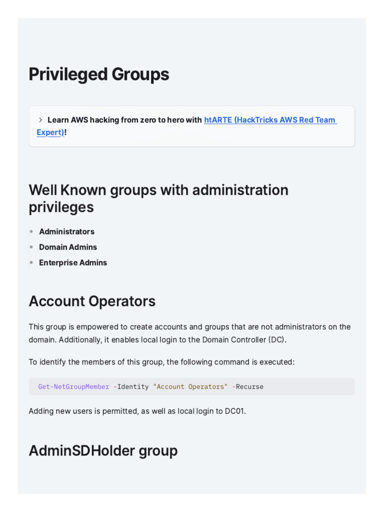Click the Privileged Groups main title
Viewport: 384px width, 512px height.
click(x=99, y=74)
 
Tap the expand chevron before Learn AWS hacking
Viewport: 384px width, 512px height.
click(x=40, y=120)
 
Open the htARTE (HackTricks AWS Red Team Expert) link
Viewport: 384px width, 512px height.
click(x=270, y=120)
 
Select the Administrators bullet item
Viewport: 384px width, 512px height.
click(x=66, y=231)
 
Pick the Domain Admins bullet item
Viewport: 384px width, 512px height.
click(x=68, y=247)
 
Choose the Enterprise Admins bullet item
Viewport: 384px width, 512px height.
click(x=73, y=262)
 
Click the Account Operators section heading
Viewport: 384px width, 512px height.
click(x=92, y=301)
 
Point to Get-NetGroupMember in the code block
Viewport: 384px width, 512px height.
click(x=73, y=386)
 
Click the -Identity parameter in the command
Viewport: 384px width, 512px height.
click(x=131, y=386)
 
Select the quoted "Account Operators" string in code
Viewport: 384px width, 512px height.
click(x=190, y=386)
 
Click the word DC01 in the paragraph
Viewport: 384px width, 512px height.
click(x=234, y=411)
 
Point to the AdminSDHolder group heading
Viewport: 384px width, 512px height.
click(x=103, y=450)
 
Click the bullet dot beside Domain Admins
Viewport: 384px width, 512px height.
click(x=31, y=247)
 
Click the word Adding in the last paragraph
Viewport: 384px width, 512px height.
click(x=40, y=411)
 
